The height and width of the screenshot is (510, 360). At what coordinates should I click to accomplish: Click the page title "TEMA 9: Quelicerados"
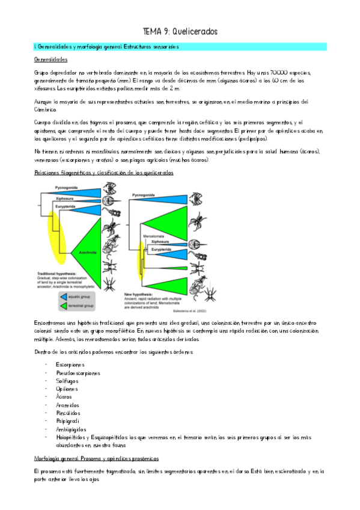pyautogui.click(x=180, y=31)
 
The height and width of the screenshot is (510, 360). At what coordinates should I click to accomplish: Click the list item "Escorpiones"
pyautogui.click(x=70, y=364)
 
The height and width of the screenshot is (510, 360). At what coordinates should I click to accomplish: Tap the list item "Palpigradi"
pyautogui.click(x=67, y=422)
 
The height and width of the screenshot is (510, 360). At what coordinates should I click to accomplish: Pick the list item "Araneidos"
pyautogui.click(x=67, y=405)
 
